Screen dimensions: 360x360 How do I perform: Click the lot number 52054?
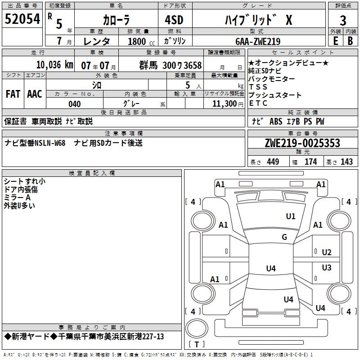tap(22, 19)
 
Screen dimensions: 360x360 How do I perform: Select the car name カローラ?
tap(116, 20)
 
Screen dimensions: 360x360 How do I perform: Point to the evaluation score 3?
tap(343, 21)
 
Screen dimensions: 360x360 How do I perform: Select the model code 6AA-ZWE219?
tap(258, 41)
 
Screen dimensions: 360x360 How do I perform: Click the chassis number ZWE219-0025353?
tap(302, 143)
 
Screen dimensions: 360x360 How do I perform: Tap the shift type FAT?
tap(13, 94)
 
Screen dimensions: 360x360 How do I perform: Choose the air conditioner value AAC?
tap(35, 94)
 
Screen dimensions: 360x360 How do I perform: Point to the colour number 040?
tap(75, 104)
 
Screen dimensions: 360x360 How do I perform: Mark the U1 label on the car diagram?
tap(291, 216)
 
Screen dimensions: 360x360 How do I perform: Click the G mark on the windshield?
tap(284, 237)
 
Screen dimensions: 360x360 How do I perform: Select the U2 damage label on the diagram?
tap(327, 252)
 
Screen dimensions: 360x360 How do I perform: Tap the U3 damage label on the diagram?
tap(327, 268)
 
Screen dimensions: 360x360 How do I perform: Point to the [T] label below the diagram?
tap(197, 345)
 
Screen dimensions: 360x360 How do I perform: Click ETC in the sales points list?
tap(258, 103)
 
